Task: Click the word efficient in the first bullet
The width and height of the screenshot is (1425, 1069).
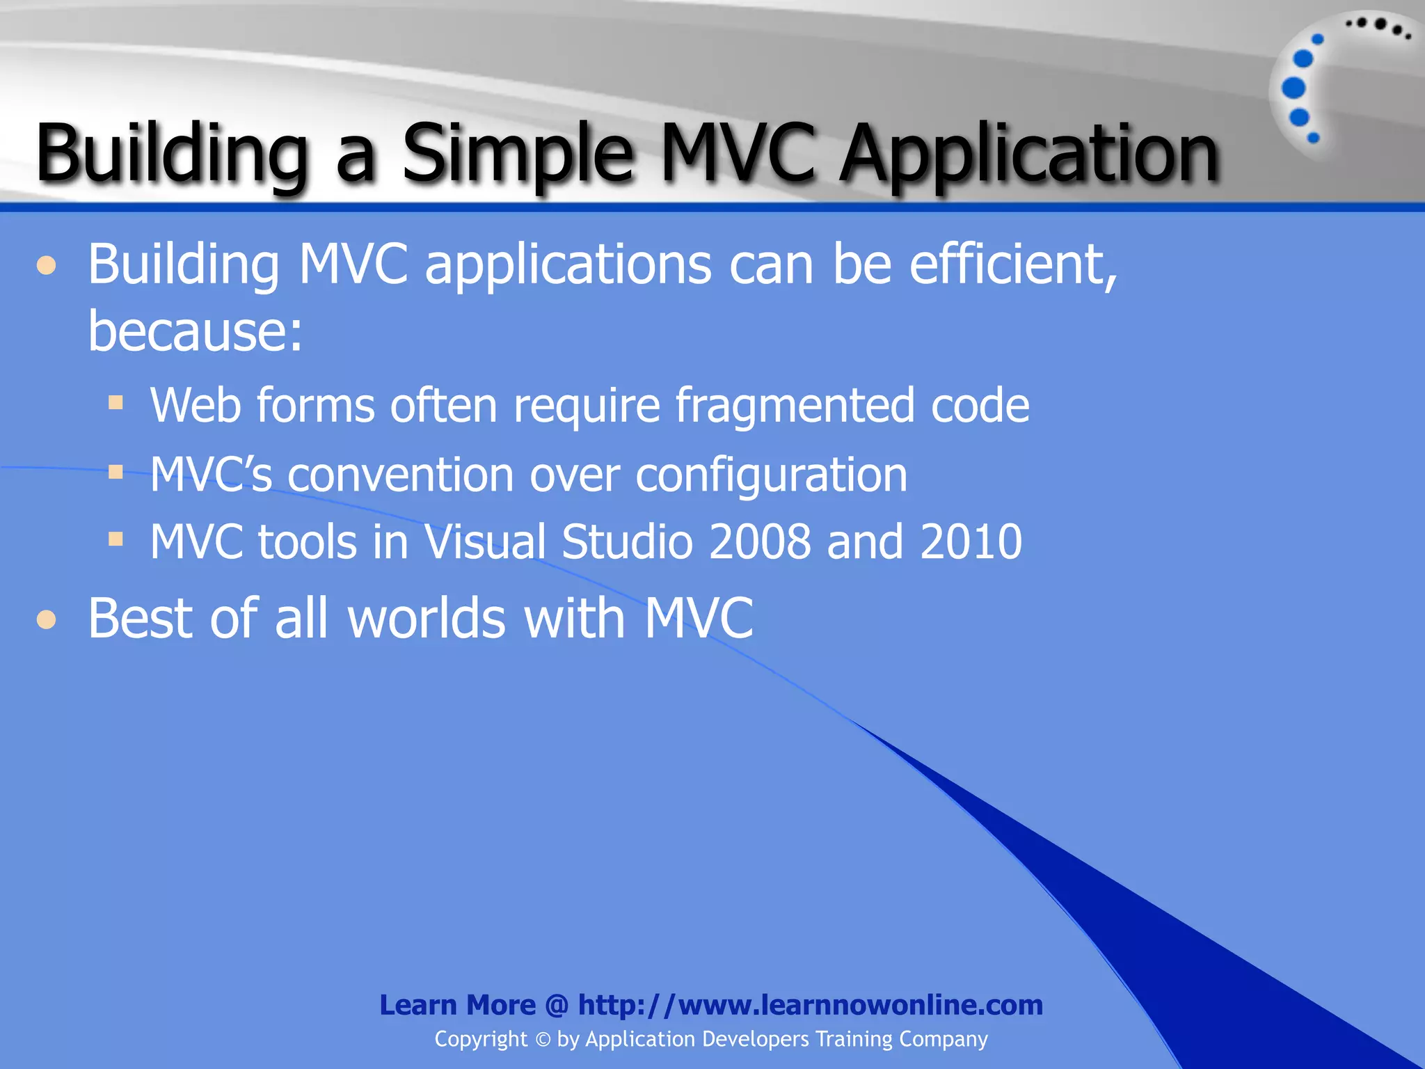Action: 1012,266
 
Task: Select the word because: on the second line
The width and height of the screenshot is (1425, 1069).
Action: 196,331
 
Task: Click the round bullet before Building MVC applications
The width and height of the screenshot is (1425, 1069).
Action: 47,267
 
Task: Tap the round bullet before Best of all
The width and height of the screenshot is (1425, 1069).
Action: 47,619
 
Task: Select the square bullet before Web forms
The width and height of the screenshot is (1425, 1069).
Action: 116,402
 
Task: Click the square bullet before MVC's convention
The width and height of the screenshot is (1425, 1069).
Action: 116,473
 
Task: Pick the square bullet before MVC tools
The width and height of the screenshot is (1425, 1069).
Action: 116,539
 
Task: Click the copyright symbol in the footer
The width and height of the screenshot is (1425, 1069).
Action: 543,1040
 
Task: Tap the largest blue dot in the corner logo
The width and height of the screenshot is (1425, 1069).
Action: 1293,88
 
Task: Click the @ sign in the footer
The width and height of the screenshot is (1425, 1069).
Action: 557,1006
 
